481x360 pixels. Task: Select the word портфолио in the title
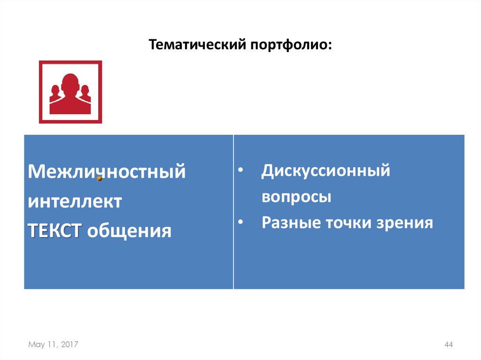(x=291, y=46)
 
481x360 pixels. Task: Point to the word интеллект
(x=75, y=202)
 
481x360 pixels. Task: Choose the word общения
(x=129, y=230)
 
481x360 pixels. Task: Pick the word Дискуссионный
(x=326, y=171)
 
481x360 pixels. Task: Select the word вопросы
(x=296, y=197)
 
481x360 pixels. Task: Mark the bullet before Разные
(x=240, y=222)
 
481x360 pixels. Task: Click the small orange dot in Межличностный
(x=100, y=178)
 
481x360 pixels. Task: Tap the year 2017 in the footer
(x=69, y=345)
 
